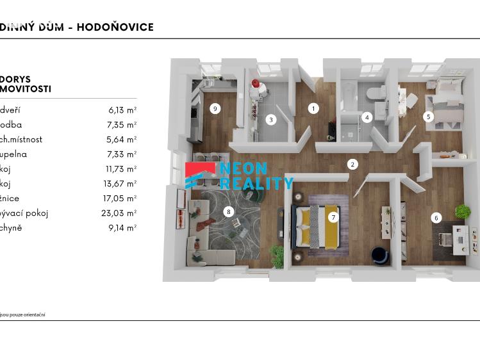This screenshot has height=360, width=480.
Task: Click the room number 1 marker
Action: [313, 108]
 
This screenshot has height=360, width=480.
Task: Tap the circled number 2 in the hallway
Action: [352, 165]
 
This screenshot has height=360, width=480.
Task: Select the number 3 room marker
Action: [271, 120]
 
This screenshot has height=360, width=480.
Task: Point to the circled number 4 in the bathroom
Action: [367, 117]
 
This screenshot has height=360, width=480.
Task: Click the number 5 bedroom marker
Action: [428, 117]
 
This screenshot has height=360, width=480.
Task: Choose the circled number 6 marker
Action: [436, 218]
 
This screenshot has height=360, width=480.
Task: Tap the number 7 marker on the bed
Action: [333, 217]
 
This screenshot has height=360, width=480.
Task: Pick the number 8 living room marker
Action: [228, 212]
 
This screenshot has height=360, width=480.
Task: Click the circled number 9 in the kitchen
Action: [215, 108]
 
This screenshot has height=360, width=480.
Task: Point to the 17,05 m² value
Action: [120, 199]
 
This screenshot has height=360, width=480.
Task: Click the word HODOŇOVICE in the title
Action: [115, 27]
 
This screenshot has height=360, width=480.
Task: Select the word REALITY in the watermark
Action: [256, 183]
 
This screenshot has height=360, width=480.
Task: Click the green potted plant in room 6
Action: [463, 211]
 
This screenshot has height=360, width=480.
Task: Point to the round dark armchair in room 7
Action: [380, 254]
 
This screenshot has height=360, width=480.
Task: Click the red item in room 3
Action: [255, 84]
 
